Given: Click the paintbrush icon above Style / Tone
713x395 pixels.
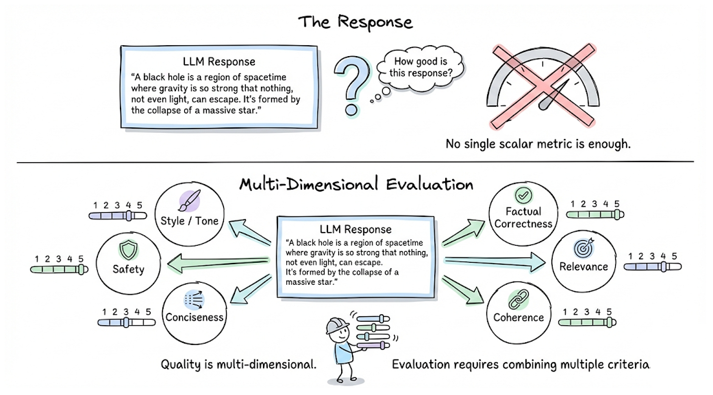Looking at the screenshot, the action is (x=190, y=201).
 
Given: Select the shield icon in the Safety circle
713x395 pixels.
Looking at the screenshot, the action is (x=128, y=250).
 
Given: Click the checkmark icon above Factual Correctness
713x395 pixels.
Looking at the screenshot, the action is (x=523, y=195).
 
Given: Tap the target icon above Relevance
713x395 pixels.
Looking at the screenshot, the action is (x=584, y=248).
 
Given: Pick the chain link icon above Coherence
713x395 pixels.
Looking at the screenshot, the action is (x=518, y=299).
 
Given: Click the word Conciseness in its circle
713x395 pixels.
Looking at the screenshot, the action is (x=195, y=317).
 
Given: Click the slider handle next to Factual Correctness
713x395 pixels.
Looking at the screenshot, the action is (x=617, y=215).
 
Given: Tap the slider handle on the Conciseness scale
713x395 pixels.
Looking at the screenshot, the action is (x=127, y=322).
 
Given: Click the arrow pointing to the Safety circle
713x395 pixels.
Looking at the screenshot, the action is (x=218, y=263).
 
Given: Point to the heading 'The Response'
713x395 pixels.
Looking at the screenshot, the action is (x=355, y=22).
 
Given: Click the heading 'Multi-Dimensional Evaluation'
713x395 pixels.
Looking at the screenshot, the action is (x=356, y=184).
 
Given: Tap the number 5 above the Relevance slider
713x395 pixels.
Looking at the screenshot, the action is (x=674, y=256).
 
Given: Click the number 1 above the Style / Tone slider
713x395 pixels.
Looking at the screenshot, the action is (x=95, y=205).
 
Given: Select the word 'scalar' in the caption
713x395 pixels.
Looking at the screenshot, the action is (x=516, y=144).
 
